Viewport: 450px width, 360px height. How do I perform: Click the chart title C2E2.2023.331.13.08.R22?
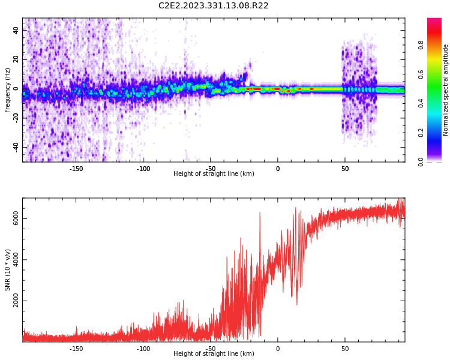213,6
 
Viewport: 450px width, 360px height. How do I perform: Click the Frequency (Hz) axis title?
7,90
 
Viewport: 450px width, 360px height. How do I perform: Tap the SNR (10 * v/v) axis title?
7,270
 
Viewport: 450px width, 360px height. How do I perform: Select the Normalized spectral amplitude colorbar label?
445,90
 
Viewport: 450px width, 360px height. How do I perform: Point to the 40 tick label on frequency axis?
16,30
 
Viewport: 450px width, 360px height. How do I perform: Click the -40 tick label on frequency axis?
16,148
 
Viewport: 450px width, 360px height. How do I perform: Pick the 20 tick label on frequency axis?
16,59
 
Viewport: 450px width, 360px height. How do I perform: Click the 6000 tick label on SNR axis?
16,218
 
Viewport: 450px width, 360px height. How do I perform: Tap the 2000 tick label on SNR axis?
16,301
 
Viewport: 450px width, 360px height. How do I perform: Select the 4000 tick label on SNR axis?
16,260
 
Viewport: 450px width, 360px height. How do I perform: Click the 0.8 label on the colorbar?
421,45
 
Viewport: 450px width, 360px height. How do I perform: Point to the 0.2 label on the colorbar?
421,133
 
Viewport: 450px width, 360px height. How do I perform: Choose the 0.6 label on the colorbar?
421,74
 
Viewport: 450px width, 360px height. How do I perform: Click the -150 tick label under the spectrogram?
76,169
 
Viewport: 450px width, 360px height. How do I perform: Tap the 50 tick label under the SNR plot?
345,349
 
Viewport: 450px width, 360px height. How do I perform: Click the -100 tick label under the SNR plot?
143,349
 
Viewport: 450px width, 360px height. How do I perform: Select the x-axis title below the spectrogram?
214,173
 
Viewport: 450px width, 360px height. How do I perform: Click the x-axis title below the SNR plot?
214,353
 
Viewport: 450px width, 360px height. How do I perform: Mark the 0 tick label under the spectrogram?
278,169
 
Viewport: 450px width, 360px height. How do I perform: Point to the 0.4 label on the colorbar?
421,103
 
